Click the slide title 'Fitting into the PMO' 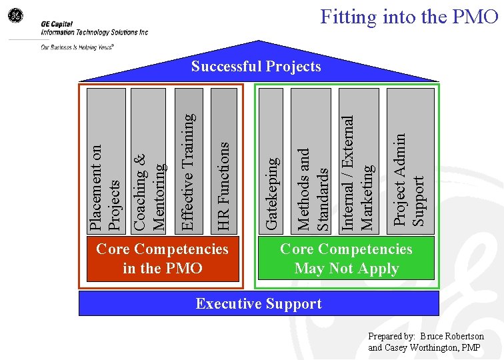point(409,16)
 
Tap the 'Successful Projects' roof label point(256,66)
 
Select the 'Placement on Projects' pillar point(106,161)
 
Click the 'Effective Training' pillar point(189,161)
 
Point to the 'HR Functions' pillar point(223,161)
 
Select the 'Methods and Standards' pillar point(311,161)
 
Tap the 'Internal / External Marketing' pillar point(358,161)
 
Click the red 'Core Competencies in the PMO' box point(162,259)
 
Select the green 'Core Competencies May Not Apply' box point(346,259)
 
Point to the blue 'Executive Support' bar point(259,303)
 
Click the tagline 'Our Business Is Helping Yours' point(77,47)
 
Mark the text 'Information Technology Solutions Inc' point(94,31)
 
